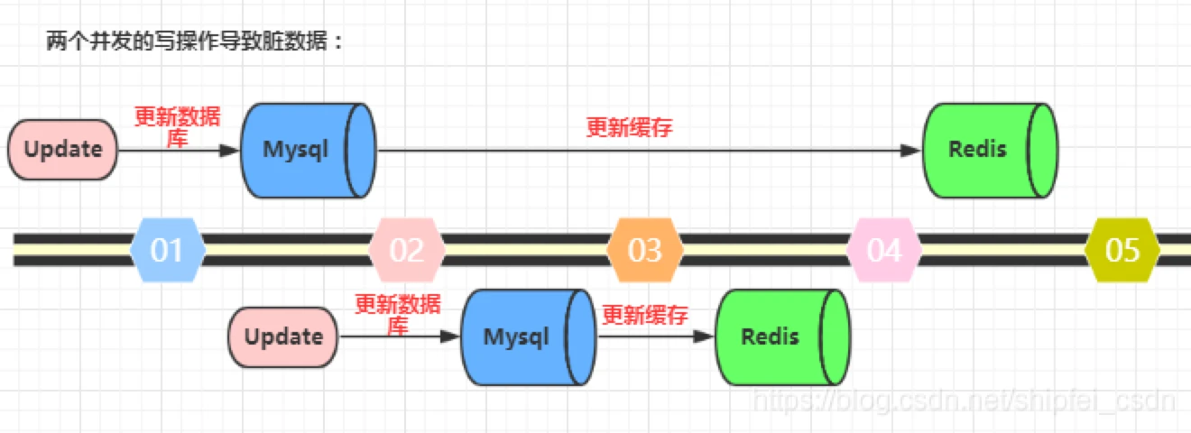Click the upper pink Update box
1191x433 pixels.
pos(63,150)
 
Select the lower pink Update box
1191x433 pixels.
pos(283,336)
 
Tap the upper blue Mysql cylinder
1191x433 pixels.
pos(309,151)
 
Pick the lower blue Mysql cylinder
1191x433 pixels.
pos(529,337)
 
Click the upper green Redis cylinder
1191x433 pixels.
pos(990,151)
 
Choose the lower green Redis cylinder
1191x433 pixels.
pos(782,337)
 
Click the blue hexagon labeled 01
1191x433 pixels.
pos(168,250)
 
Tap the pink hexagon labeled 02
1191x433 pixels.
pos(407,250)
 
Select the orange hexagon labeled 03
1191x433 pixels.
pos(645,250)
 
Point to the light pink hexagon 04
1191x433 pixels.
pos(884,250)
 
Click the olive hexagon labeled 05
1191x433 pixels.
pos(1122,250)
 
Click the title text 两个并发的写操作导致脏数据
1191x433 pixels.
pos(187,41)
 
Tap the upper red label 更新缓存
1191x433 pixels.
pos(630,127)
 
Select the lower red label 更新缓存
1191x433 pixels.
pos(645,315)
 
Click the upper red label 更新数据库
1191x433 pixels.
pos(177,127)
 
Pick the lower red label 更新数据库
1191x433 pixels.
pos(398,315)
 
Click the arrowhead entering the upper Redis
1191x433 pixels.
pos(910,151)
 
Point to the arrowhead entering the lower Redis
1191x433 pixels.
pos(704,336)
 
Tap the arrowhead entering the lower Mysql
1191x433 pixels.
pos(450,336)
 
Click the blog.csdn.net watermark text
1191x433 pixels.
pos(965,401)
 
